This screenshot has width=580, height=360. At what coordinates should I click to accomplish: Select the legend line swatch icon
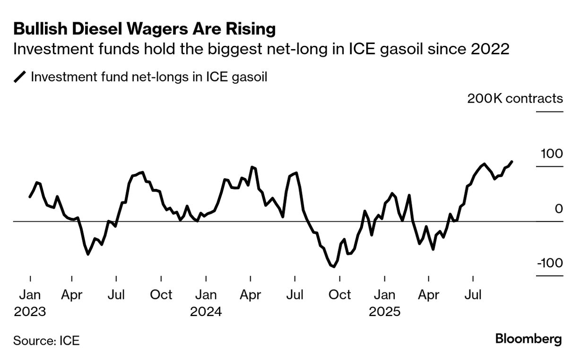[20, 77]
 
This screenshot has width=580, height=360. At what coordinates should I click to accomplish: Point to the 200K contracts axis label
[515, 98]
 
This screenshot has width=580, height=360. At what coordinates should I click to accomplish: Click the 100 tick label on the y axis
[552, 154]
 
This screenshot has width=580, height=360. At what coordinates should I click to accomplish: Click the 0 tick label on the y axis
[559, 208]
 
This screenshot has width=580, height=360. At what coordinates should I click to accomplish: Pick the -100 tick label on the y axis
[550, 263]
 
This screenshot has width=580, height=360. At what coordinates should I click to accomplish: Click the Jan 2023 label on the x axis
[30, 295]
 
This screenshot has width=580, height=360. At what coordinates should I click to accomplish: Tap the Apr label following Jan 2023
[71, 295]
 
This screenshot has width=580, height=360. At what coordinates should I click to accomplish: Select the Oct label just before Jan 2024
[161, 295]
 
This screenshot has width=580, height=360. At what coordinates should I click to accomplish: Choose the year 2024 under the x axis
[206, 312]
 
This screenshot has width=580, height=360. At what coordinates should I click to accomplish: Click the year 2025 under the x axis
[384, 312]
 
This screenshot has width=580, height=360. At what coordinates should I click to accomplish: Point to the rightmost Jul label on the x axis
[473, 295]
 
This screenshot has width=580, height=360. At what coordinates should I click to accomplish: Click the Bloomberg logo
[528, 339]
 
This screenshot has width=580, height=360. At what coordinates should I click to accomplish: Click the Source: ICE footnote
[46, 340]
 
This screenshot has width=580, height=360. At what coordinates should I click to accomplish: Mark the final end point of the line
[512, 162]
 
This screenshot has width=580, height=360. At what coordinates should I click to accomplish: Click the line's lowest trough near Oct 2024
[334, 266]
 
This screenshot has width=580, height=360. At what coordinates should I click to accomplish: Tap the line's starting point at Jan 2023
[30, 197]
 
